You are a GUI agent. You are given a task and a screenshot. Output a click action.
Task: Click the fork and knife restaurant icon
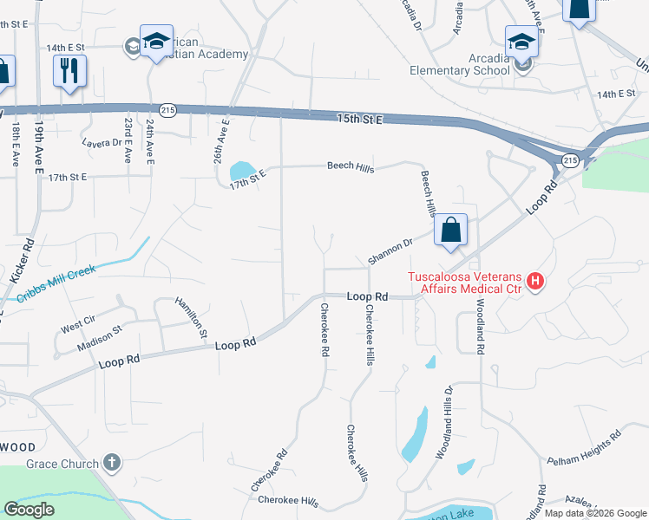pyautogui.click(x=69, y=68)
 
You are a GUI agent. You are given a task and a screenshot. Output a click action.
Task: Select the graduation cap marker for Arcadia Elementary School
pyautogui.click(x=521, y=41)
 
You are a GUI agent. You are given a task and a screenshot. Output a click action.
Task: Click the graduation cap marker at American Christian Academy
pyautogui.click(x=156, y=42)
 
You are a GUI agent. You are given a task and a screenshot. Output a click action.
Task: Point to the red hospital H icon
pyautogui.click(x=536, y=281)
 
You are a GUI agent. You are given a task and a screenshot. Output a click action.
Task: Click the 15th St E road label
pyautogui.click(x=360, y=118)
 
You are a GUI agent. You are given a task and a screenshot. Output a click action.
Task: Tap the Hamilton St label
pyautogui.click(x=192, y=316)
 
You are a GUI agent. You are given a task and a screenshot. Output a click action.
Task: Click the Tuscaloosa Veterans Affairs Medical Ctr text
pyautogui.click(x=466, y=283)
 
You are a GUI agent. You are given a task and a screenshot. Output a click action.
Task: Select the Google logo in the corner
pyautogui.click(x=29, y=510)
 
